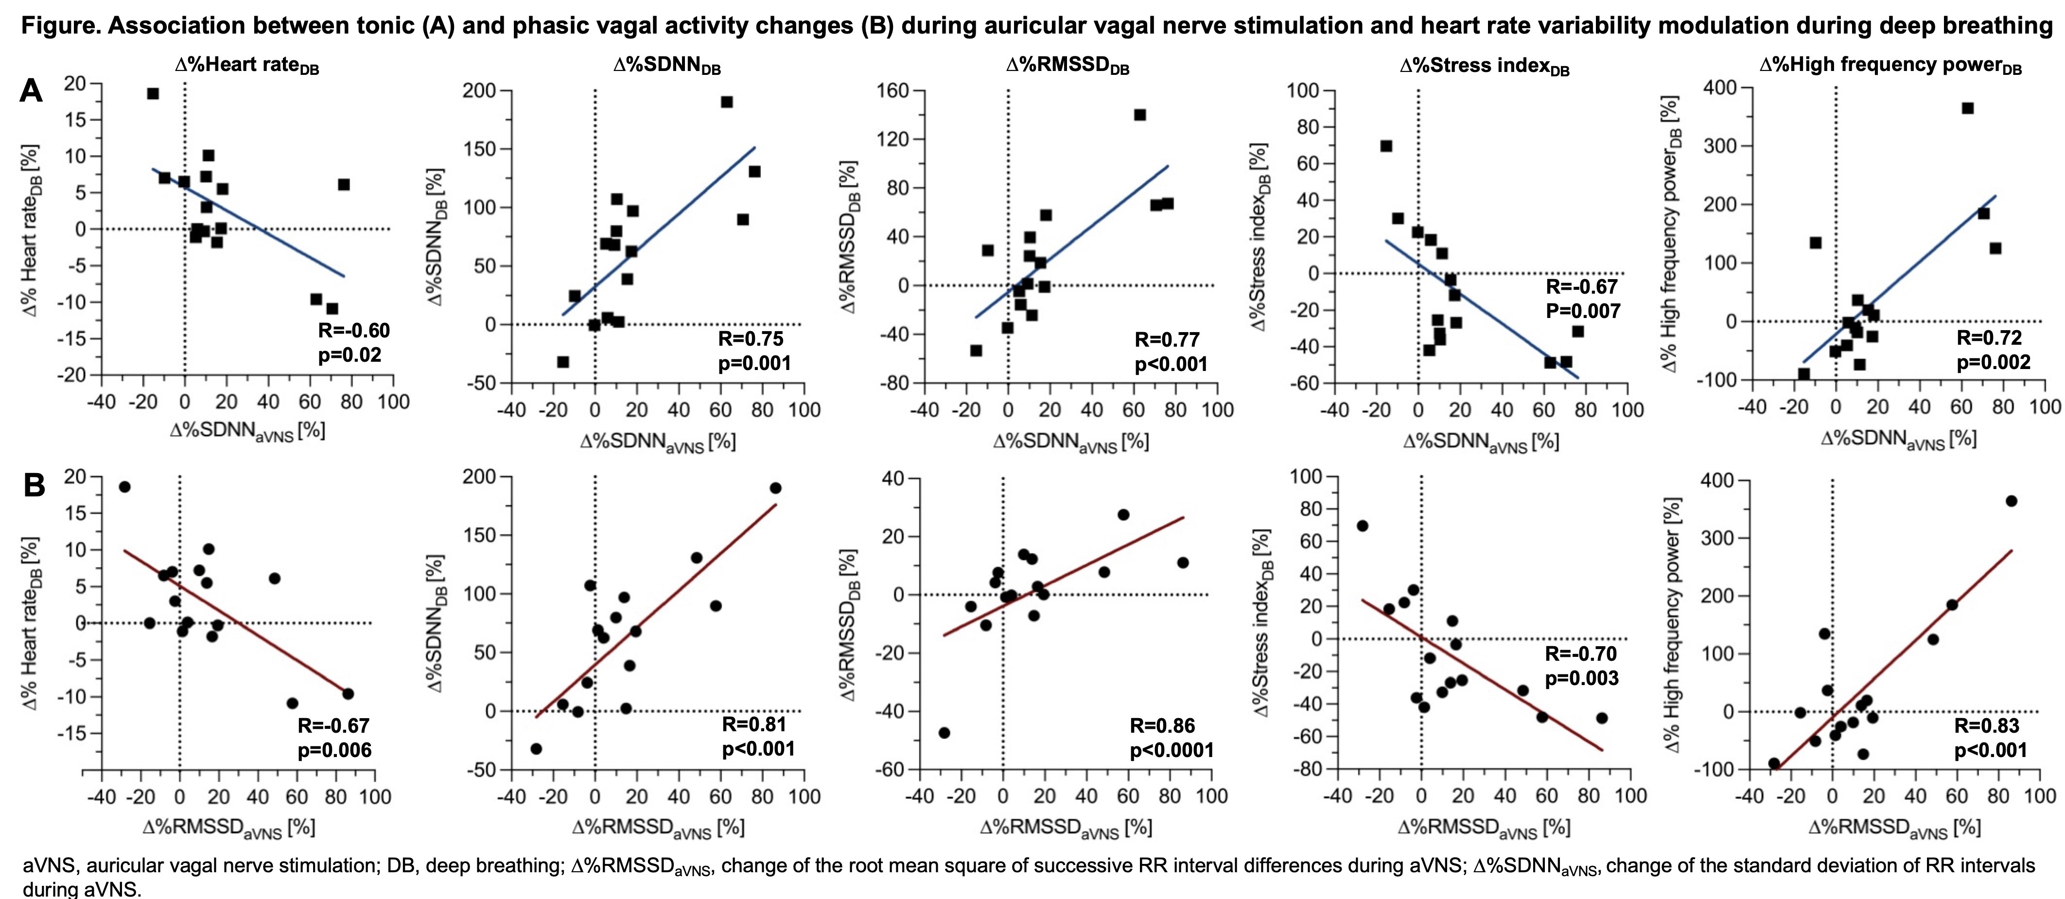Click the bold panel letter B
pos(33,485)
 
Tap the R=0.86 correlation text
pos(1162,726)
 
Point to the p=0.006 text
pos(334,751)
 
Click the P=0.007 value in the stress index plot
pos(1582,311)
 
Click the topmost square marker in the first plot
pos(152,94)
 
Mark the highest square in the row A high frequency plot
pos(1967,108)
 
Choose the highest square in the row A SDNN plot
pos(726,102)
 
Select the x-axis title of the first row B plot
pos(228,828)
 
